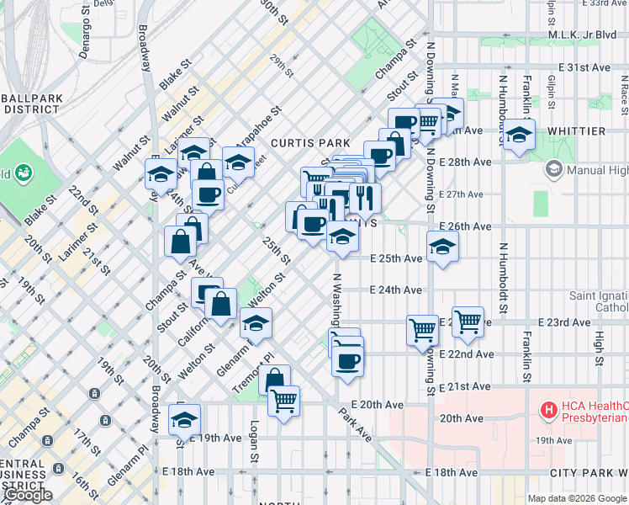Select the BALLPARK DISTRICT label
32,104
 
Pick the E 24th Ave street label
396,290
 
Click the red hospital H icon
549,411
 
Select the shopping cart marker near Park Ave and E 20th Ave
284,400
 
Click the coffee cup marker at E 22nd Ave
346,362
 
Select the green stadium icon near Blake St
23,173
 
